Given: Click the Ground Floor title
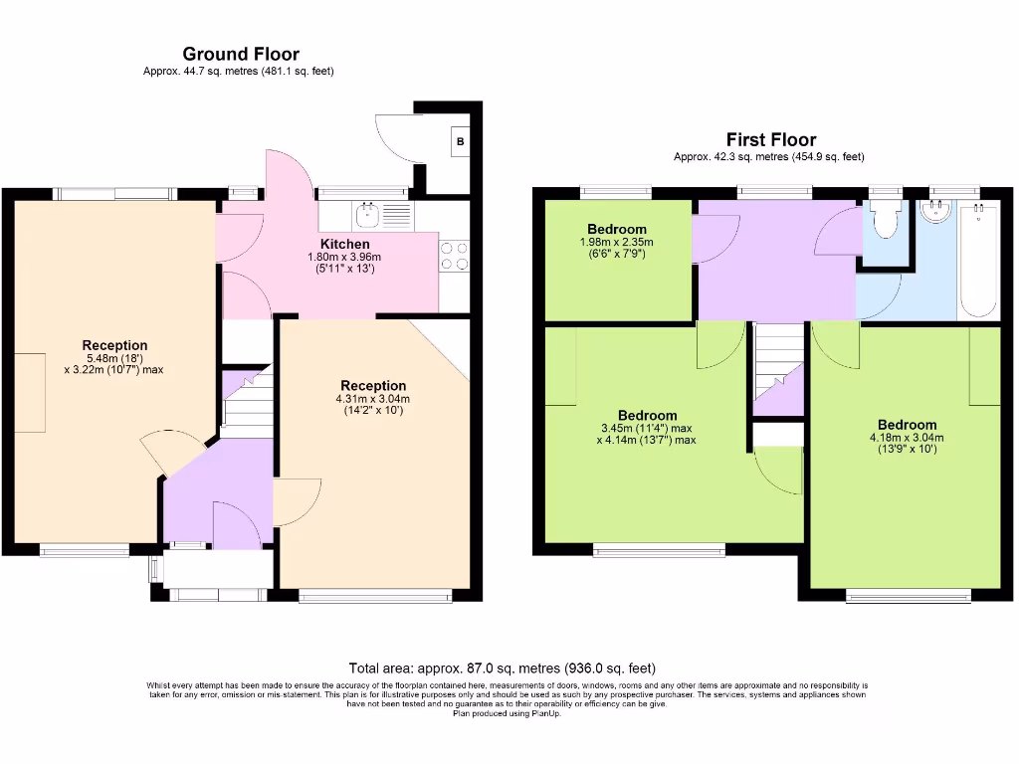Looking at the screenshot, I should [240, 54].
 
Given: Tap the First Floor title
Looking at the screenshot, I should [770, 140].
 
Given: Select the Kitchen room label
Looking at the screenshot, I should [344, 244].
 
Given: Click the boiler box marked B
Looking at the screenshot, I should [460, 142].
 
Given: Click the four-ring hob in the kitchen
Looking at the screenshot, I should [454, 256].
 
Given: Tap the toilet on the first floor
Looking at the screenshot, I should [885, 219].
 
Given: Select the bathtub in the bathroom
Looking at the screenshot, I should [977, 261].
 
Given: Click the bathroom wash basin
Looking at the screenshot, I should [936, 211].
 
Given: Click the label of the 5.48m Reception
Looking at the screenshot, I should [114, 345].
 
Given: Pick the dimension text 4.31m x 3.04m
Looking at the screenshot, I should [373, 399].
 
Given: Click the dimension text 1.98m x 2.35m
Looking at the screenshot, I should [617, 242].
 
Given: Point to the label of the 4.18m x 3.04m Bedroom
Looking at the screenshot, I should [907, 425].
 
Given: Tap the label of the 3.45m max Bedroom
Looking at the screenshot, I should [647, 415].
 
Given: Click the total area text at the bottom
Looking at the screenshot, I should [502, 668].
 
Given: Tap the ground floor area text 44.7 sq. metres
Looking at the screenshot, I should [239, 71].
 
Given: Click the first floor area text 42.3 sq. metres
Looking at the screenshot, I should [769, 157].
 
